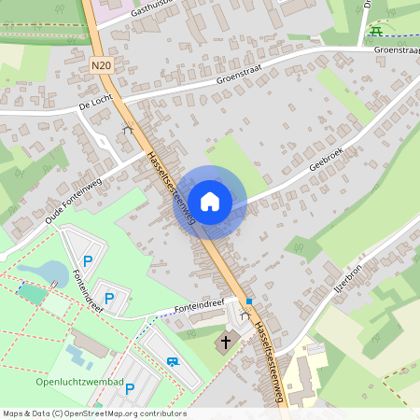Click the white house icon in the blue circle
click(x=210, y=201)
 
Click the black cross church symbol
click(x=223, y=343)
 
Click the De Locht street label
click(x=96, y=105)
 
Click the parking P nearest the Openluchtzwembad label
click(x=130, y=388)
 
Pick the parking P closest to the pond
click(x=89, y=261)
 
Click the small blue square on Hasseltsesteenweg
click(x=249, y=301)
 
